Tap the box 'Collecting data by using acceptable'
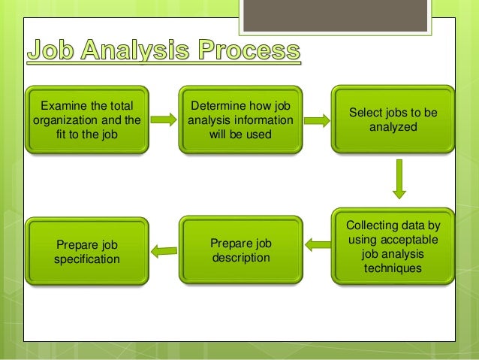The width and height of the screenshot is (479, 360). tap(393, 247)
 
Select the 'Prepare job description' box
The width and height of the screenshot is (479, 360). tap(240, 250)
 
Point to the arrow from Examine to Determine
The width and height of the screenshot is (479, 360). tap(162, 118)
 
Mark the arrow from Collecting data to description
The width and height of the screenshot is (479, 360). tap(318, 245)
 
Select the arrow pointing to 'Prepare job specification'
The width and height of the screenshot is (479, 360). tap(163, 250)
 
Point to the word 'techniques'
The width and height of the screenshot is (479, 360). tap(393, 267)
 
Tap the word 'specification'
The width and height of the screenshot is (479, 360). tap(86, 259)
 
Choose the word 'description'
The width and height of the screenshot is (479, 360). tap(240, 257)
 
